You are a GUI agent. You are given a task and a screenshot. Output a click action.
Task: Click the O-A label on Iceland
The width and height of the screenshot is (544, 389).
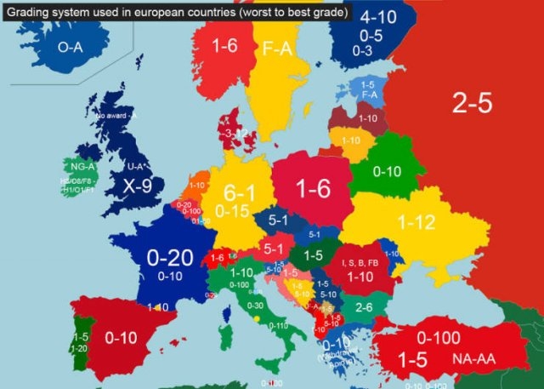(70, 49)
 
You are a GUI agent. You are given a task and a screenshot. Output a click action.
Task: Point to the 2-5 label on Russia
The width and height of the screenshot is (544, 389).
(471, 103)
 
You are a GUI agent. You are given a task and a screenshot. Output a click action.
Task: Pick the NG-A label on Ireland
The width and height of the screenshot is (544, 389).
(82, 167)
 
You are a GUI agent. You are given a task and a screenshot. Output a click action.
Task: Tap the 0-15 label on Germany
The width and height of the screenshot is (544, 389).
(232, 209)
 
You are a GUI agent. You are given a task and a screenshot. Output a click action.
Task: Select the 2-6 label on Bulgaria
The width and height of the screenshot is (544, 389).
(365, 306)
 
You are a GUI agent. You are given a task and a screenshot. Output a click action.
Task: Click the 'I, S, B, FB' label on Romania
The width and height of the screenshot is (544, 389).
(361, 261)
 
